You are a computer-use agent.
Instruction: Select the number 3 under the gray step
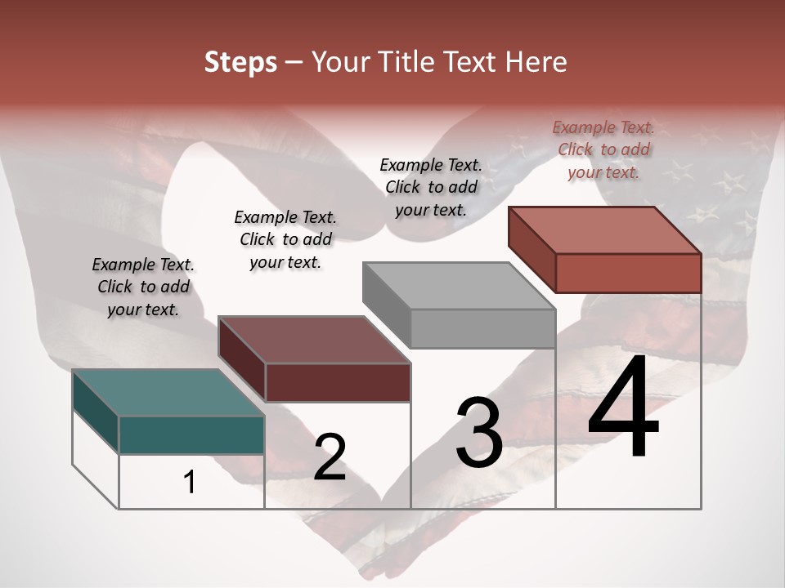click(479, 433)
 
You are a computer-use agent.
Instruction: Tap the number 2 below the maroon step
click(330, 457)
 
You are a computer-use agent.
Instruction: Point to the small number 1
click(190, 482)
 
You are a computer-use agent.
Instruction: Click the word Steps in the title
click(240, 62)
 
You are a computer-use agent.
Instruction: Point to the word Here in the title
click(536, 62)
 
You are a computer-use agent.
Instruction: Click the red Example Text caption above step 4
click(603, 149)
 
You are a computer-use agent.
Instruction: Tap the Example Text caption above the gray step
click(431, 187)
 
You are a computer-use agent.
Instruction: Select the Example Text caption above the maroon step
click(285, 239)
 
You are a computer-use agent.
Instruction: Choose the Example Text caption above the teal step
click(143, 287)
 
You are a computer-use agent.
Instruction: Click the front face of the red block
click(628, 273)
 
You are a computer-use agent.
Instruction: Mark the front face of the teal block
click(191, 434)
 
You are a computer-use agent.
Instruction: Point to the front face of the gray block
click(482, 329)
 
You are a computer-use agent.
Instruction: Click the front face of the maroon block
click(338, 383)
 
